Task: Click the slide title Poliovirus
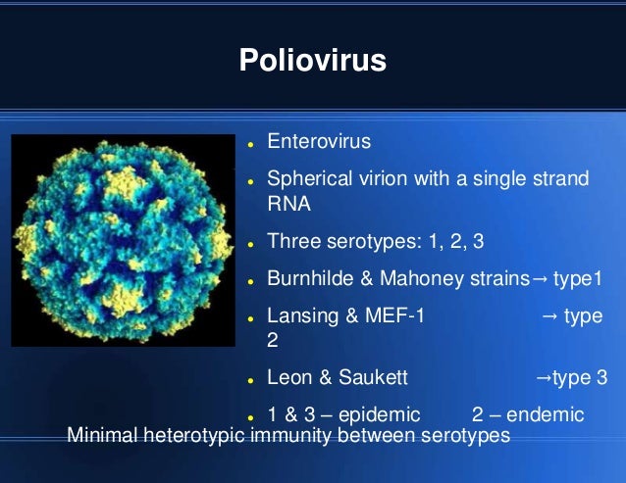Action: coord(313,61)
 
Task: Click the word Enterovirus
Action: coord(319,142)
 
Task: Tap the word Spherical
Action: coord(307,180)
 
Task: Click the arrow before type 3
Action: coord(541,378)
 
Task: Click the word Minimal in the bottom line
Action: coord(101,435)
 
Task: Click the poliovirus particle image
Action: coord(123,241)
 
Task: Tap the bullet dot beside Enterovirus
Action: coord(251,144)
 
